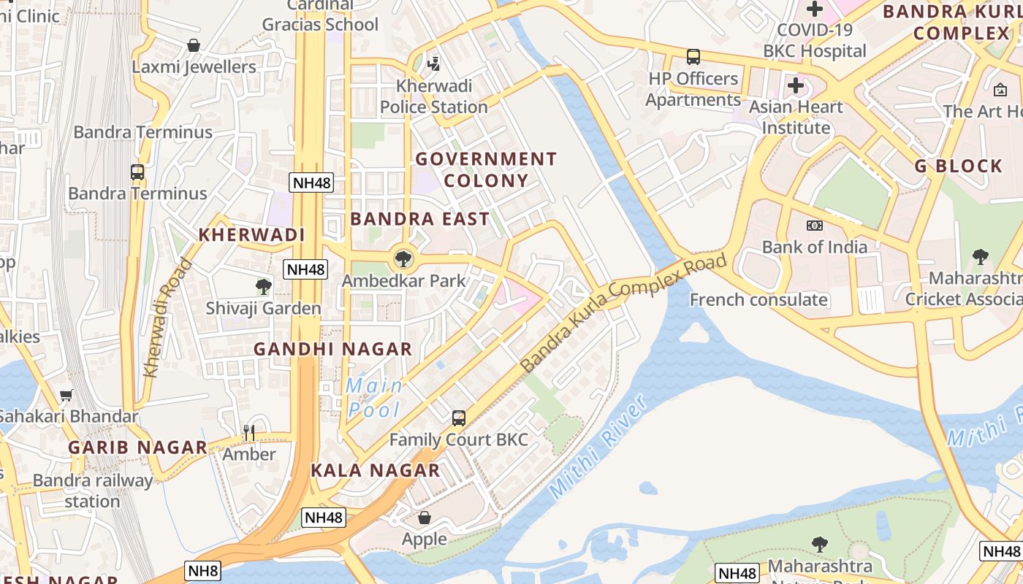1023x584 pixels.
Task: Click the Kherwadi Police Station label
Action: [433, 96]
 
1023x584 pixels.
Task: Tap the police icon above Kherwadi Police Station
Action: [433, 64]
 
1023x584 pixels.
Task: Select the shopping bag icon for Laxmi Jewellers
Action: [194, 45]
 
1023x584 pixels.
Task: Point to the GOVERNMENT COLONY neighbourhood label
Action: [486, 169]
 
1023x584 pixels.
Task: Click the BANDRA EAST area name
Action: [419, 219]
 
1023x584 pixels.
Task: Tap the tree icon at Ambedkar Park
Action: [402, 258]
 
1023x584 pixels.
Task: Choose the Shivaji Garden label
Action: [263, 308]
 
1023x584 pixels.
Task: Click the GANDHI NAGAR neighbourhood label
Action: [332, 349]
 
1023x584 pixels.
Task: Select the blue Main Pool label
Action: [374, 397]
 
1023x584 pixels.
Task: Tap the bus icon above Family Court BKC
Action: [458, 418]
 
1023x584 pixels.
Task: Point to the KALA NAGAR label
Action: [376, 470]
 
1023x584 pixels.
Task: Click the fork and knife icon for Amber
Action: [249, 433]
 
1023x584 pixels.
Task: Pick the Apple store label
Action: [425, 539]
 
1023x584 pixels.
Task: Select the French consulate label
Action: [758, 299]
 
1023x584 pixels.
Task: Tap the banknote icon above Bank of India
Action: [814, 226]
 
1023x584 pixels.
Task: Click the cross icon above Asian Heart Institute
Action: [796, 85]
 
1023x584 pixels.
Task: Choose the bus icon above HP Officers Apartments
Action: [693, 56]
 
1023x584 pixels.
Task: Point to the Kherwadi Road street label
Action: [167, 318]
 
